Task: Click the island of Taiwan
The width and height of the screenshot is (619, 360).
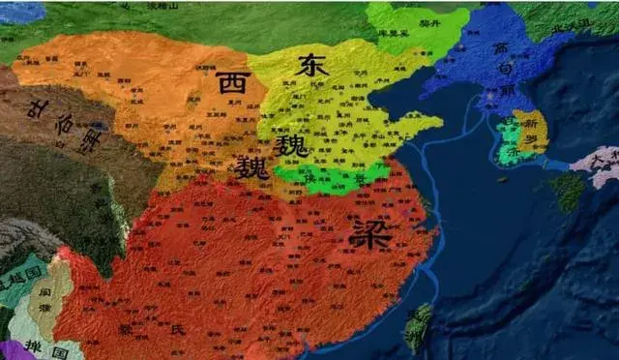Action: [418, 326]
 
